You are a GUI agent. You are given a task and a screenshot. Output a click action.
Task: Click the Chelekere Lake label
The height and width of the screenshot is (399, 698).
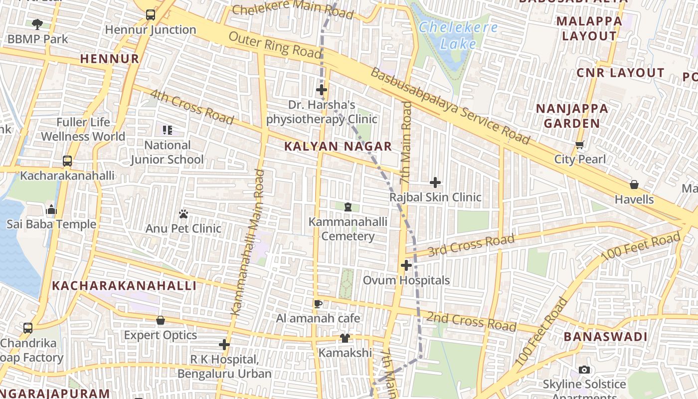point(458,35)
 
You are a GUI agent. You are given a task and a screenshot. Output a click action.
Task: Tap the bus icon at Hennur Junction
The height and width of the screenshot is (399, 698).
point(151,15)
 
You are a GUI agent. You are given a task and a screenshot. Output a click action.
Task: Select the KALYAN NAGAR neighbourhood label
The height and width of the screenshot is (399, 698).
point(338,147)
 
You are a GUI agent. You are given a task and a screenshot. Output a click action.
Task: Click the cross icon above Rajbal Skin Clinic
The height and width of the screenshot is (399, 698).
point(435,183)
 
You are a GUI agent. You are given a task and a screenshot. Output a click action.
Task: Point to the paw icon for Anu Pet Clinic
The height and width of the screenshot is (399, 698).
point(183,214)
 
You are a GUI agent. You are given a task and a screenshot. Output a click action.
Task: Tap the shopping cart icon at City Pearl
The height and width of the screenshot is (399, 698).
point(579,145)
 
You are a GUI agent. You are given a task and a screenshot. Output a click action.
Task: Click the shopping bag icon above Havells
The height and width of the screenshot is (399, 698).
point(634,185)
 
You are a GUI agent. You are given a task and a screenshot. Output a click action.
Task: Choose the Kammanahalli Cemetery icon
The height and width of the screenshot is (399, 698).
point(348,207)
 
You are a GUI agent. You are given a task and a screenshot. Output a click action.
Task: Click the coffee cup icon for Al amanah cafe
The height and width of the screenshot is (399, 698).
point(318,304)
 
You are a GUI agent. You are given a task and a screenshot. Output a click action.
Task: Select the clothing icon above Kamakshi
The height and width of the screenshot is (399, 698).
point(345,338)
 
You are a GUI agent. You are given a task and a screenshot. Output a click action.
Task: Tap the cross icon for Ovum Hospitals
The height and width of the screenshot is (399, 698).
point(406,265)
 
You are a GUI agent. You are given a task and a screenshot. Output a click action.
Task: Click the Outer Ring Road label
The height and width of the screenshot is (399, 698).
point(275,45)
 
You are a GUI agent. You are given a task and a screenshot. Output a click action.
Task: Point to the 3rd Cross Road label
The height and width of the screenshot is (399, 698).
point(471,244)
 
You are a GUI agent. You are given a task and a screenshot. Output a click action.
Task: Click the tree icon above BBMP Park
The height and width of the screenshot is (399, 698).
point(37,24)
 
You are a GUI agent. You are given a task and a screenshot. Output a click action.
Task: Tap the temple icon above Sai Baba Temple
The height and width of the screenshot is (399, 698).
point(51,210)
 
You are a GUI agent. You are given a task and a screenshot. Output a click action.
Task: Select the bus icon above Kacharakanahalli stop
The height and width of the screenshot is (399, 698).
point(67,161)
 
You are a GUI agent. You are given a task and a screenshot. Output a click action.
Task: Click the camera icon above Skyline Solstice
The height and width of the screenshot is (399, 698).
point(584,370)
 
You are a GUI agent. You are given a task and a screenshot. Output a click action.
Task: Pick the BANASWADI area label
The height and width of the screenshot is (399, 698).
point(605,337)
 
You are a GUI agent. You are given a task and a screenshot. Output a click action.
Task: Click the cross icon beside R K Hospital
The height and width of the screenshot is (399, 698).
point(224,345)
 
